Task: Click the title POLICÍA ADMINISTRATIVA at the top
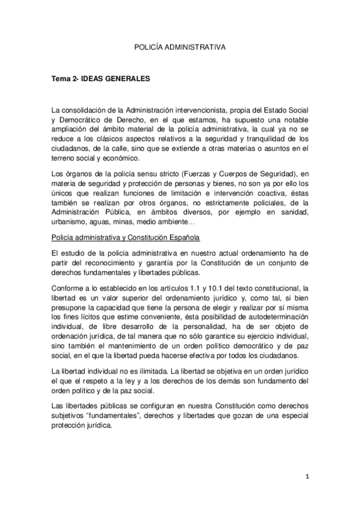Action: pos(180,45)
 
